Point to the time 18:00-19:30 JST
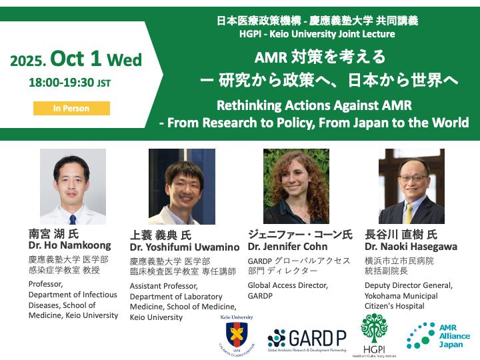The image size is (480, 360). click(71, 84)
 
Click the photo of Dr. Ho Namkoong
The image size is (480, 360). click(73, 186)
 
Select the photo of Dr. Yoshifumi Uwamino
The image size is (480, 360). click(181, 186)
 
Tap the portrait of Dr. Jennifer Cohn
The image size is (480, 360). click(296, 186)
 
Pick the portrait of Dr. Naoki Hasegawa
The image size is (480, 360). click(411, 186)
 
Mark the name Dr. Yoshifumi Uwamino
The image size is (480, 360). click(185, 247)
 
